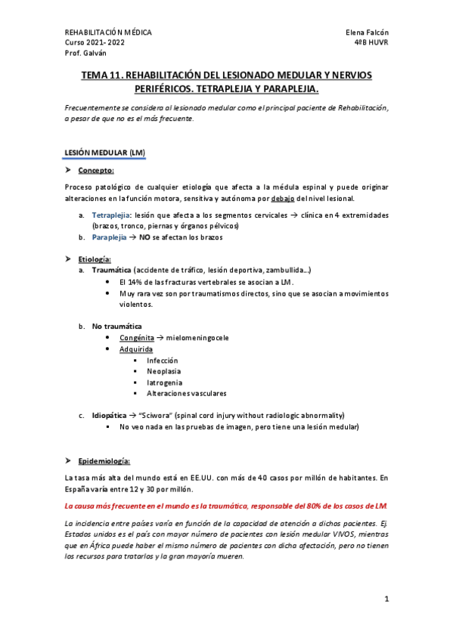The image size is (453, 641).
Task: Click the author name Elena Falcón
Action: pos(366,33)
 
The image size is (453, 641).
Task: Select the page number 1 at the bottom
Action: pos(386,599)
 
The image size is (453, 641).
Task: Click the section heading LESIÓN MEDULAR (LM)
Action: pos(105,153)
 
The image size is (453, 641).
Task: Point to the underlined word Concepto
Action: pos(96,171)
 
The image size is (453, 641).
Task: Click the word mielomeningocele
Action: pos(197,337)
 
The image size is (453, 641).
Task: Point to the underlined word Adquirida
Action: pos(136,349)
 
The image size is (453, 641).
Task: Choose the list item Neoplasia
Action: pos(164,371)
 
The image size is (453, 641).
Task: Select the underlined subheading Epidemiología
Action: pos(104,460)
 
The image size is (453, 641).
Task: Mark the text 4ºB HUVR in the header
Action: pos(371,43)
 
